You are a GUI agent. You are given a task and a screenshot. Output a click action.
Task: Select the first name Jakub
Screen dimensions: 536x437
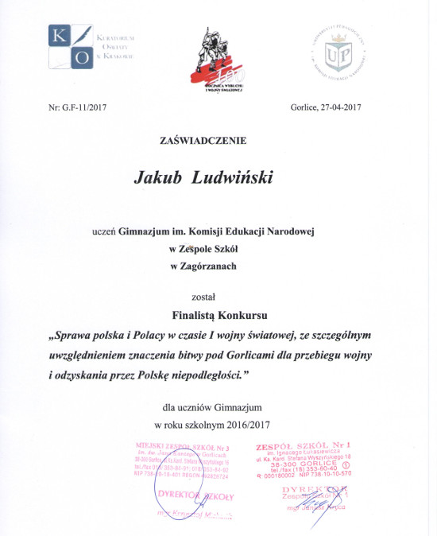pyautogui.click(x=167, y=177)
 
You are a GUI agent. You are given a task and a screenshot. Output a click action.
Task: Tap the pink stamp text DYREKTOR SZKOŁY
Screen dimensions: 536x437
pyautogui.click(x=194, y=494)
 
